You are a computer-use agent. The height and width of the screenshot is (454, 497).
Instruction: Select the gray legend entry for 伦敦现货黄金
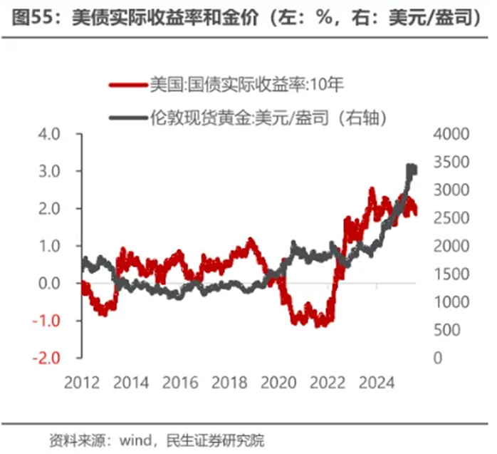(x=249, y=118)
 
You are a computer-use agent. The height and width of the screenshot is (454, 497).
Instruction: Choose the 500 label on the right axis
(x=446, y=330)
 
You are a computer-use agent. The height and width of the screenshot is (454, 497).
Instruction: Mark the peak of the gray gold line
(x=410, y=167)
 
